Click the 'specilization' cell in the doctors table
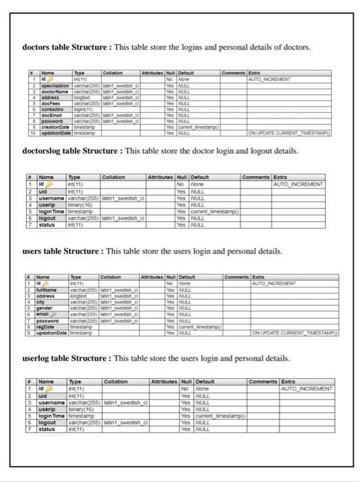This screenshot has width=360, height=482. pyautogui.click(x=55, y=84)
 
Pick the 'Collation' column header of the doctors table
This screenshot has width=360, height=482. pyautogui.click(x=112, y=72)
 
